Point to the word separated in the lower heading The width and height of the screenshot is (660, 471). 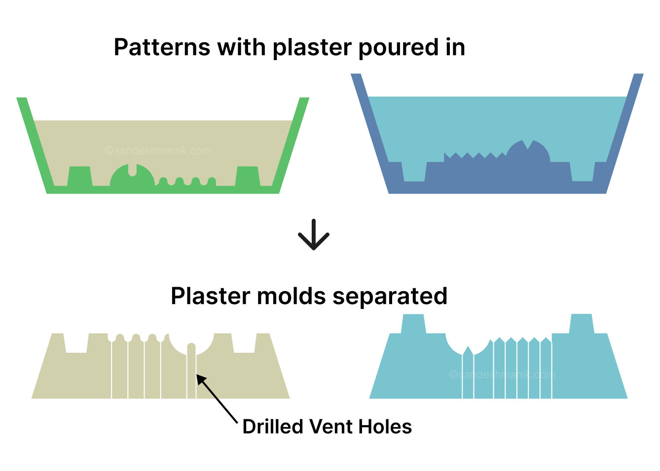390,296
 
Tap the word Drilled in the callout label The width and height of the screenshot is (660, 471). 273,427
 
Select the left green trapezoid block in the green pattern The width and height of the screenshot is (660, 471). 79,176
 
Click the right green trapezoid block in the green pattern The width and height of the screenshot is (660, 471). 247,176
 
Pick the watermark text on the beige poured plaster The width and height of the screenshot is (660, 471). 158,151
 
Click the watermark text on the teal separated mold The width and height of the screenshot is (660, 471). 502,374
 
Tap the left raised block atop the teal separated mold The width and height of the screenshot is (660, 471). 413,323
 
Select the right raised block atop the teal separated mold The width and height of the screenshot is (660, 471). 581,323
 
